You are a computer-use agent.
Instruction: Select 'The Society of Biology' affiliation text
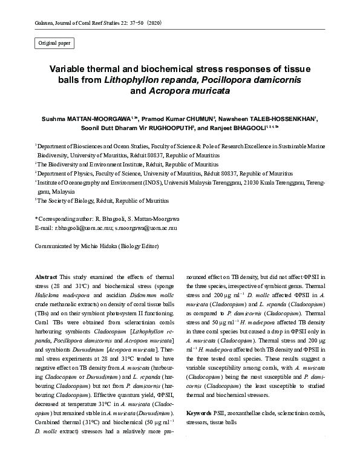(x=65, y=200)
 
